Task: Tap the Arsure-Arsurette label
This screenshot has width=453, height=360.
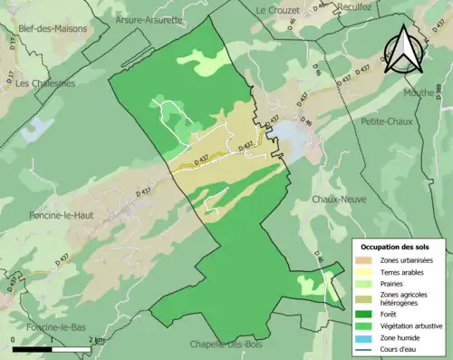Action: click(x=149, y=19)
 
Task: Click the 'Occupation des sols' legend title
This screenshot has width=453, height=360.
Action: click(x=397, y=247)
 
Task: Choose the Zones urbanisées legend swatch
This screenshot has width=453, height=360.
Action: click(x=365, y=260)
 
